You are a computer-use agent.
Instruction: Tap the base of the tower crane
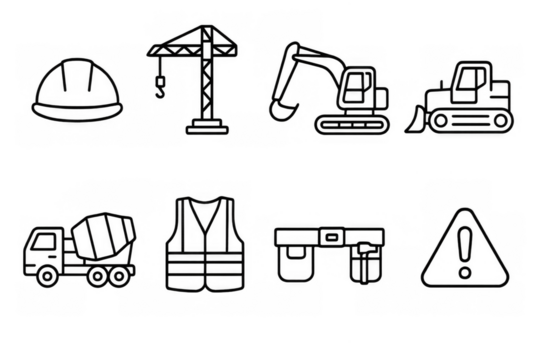[203, 129]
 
